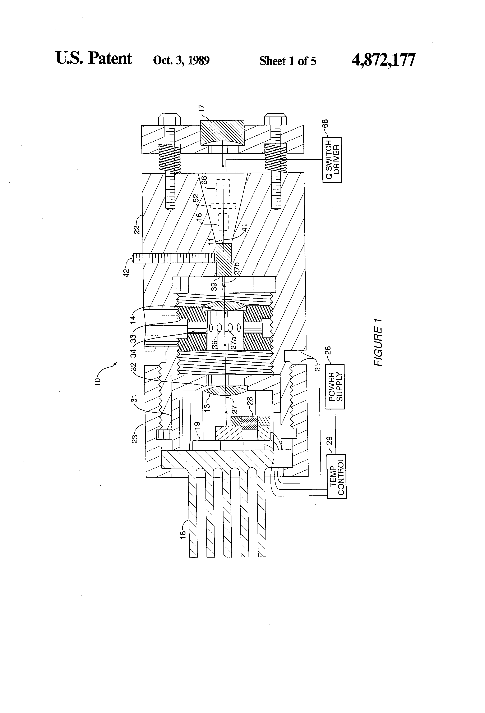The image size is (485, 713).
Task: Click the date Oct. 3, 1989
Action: pos(181,60)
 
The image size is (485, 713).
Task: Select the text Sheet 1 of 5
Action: pos(288,61)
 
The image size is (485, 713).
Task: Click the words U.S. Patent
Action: pos(94,58)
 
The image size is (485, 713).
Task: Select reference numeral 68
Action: pos(325,124)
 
